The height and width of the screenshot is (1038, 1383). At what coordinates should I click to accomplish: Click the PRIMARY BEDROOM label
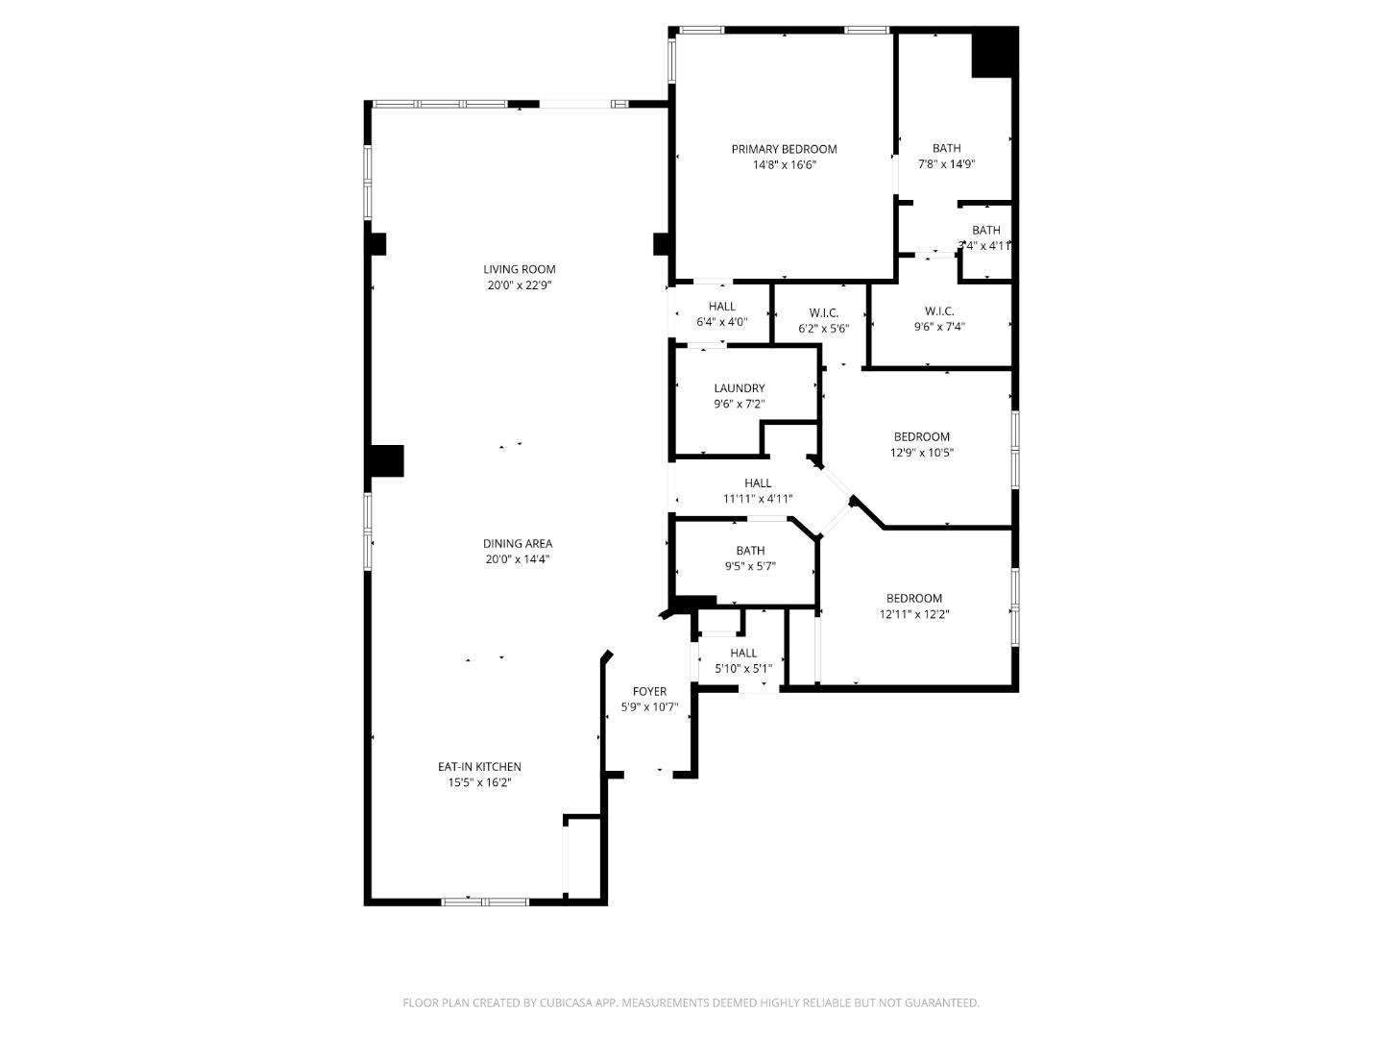click(x=784, y=149)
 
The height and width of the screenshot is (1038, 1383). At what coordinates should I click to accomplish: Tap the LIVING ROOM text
click(x=519, y=269)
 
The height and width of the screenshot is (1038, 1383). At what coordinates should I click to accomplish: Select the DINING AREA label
click(x=518, y=543)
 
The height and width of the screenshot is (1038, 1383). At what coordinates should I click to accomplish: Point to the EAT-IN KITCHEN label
click(x=479, y=766)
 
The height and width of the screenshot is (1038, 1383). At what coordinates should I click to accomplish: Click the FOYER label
click(x=649, y=691)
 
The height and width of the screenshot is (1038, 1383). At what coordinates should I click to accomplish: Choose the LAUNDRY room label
click(x=739, y=388)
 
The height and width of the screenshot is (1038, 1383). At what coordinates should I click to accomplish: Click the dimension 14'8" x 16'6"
click(x=784, y=165)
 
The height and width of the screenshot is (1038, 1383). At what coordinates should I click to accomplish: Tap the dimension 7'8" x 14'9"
click(x=946, y=164)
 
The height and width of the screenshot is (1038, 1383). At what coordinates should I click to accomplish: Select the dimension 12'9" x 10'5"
click(x=921, y=453)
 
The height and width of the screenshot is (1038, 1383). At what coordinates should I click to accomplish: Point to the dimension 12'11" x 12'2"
click(x=913, y=614)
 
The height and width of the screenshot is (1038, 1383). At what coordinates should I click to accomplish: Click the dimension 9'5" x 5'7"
click(x=750, y=567)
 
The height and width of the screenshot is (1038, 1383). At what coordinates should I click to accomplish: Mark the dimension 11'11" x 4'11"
click(x=757, y=499)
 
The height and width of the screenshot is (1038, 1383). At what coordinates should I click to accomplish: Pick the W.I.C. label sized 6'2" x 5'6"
click(x=823, y=312)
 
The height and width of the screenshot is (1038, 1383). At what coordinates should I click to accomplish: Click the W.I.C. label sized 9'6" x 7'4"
click(x=938, y=310)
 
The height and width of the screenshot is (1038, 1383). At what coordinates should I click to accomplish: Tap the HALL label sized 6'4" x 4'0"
click(x=721, y=307)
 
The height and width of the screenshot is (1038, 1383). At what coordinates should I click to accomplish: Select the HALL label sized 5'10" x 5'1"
click(x=742, y=653)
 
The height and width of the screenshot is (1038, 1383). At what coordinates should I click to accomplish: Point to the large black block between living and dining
click(x=386, y=460)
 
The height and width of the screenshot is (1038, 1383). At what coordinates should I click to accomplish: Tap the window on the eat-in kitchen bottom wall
click(x=484, y=902)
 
